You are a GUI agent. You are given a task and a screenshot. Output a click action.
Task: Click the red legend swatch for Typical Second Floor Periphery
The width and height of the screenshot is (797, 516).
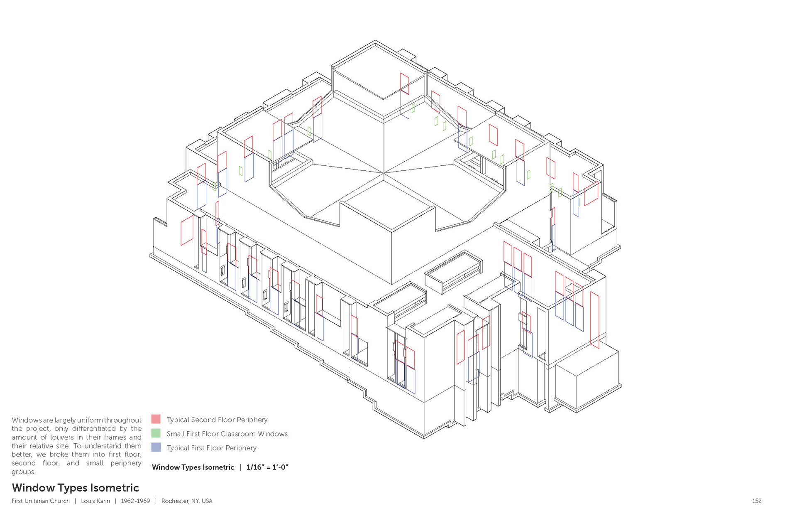(156, 419)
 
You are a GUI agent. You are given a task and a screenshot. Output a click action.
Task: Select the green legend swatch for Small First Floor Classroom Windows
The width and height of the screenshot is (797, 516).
(156, 433)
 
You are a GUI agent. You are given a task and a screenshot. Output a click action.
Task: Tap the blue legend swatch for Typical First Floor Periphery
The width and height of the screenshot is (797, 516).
(156, 447)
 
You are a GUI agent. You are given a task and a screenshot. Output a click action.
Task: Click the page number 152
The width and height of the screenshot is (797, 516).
(756, 501)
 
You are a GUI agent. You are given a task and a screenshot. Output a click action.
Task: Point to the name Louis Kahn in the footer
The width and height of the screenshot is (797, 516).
(95, 501)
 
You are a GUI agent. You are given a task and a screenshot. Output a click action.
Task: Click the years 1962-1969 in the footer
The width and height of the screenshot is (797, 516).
(135, 501)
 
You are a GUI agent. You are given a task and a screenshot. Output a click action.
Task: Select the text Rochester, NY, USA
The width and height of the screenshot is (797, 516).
(187, 501)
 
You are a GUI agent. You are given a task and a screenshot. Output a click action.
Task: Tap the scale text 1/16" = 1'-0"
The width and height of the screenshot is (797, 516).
(267, 467)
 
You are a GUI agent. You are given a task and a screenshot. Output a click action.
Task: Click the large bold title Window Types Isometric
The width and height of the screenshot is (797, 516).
(75, 488)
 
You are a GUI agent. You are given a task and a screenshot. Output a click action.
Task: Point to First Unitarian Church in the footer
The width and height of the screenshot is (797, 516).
(41, 501)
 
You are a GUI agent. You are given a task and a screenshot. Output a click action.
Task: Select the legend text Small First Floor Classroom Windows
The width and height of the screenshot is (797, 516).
(227, 434)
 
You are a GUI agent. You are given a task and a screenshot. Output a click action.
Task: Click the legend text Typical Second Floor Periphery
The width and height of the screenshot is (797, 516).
(217, 420)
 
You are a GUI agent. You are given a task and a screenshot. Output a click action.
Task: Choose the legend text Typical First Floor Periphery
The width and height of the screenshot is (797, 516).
(212, 448)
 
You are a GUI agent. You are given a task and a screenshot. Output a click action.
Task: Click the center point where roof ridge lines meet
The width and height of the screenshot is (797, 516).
(384, 172)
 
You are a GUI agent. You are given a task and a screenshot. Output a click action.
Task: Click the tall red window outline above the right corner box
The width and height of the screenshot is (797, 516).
(594, 320)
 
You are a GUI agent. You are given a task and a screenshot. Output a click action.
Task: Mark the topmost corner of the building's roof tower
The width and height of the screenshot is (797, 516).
(375, 41)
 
